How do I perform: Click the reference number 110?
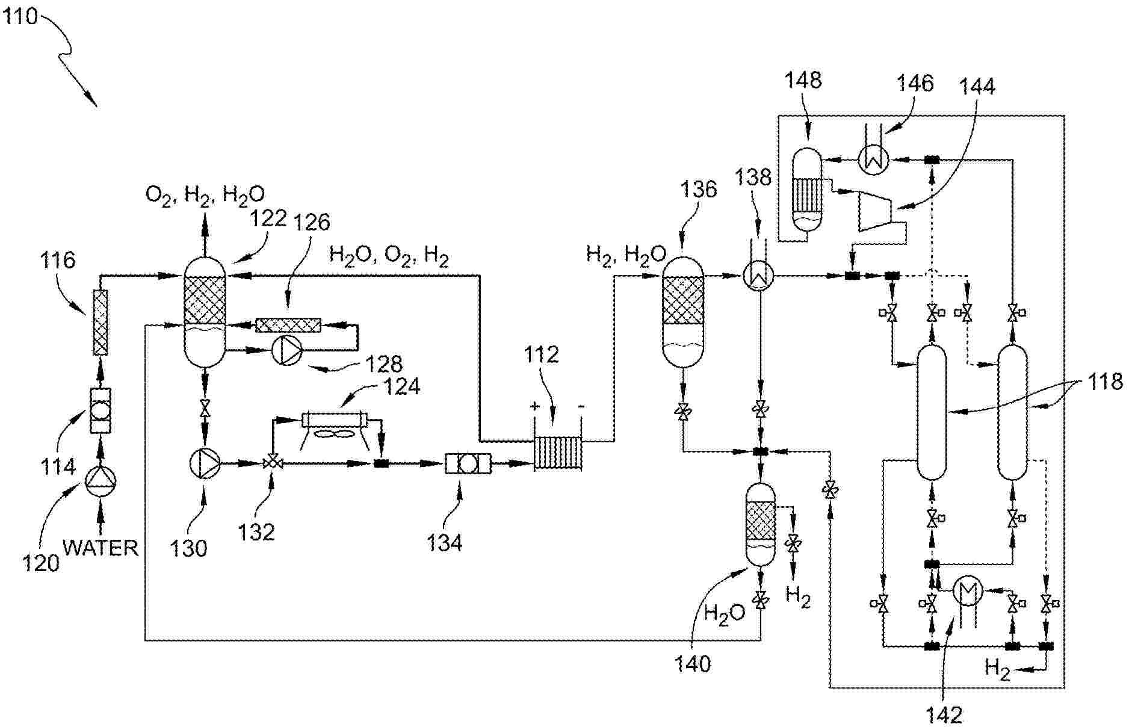coord(20,16)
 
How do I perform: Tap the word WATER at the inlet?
coord(101,548)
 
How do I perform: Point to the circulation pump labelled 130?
coord(205,463)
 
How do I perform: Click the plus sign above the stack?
coord(534,406)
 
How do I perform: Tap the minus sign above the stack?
coord(581,406)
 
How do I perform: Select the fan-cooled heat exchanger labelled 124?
coord(342,420)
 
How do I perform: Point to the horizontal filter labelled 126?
coord(288,325)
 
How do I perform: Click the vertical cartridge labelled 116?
coord(101,323)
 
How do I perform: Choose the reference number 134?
coord(444,543)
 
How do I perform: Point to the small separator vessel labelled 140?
coord(761,524)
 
